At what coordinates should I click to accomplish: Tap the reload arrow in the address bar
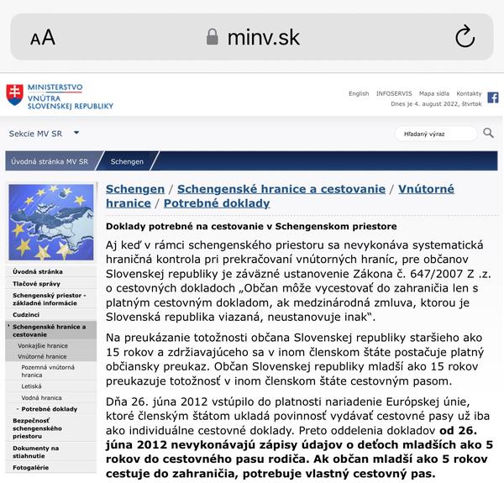click(x=465, y=36)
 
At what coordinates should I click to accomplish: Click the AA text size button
click(x=42, y=37)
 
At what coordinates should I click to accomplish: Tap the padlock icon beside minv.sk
click(x=212, y=36)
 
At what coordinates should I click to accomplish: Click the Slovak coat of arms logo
click(x=15, y=95)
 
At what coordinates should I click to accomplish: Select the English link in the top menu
click(x=359, y=93)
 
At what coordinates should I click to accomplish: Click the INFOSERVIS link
click(x=394, y=93)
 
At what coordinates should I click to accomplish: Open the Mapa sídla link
click(x=434, y=93)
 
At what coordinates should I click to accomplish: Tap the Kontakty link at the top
click(x=469, y=93)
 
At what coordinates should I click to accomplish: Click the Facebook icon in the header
click(x=493, y=97)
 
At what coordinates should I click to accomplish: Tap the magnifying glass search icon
click(x=488, y=133)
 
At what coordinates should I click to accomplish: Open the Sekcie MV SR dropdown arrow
click(x=76, y=133)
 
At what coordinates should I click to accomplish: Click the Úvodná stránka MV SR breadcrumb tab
click(x=50, y=161)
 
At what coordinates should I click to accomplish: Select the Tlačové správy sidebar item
click(x=35, y=284)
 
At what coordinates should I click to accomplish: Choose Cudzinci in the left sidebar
click(x=26, y=314)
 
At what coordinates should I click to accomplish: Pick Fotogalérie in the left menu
click(x=31, y=467)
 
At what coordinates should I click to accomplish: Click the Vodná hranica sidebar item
click(x=43, y=398)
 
